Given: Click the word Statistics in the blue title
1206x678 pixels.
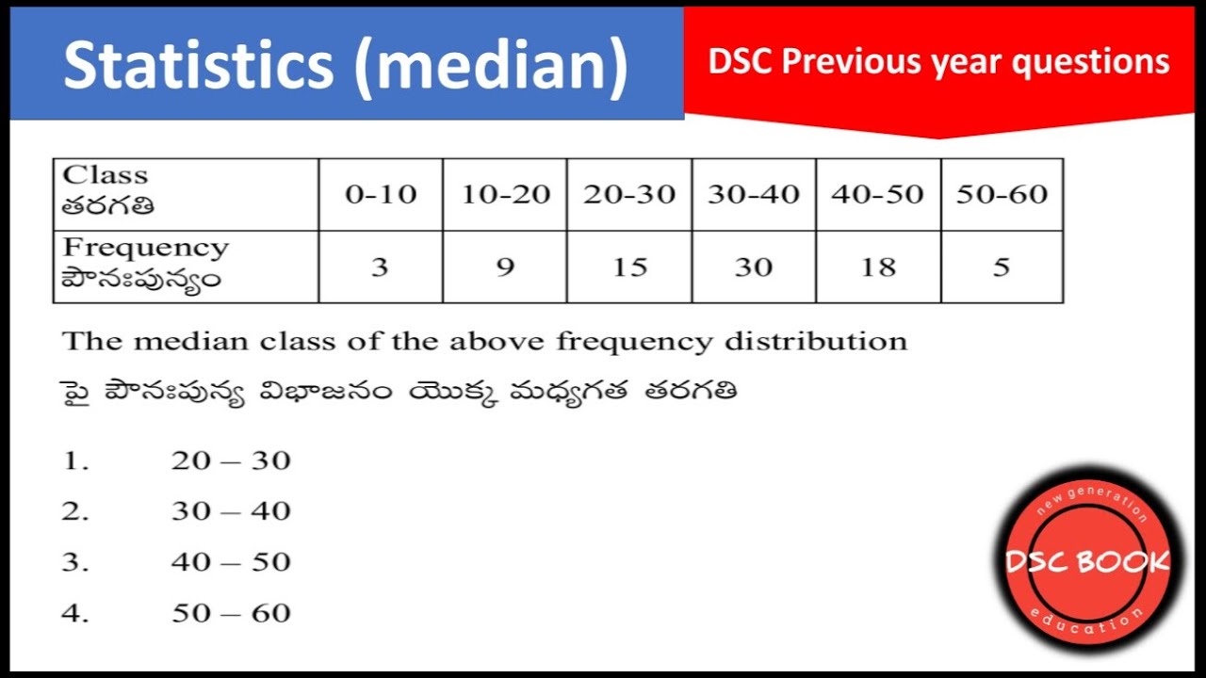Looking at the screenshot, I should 198,66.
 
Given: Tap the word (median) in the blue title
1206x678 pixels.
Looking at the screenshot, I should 490,66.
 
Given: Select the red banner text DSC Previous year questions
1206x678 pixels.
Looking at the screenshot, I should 938,62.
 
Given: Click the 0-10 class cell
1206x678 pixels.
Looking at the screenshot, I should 380,195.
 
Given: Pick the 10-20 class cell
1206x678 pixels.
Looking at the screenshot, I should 505,195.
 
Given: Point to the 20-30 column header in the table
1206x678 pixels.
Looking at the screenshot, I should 629,195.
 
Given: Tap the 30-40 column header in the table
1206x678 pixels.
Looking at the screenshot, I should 754,195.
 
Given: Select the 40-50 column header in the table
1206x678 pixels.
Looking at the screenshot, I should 878,195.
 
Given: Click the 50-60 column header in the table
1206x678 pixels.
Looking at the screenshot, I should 1002,195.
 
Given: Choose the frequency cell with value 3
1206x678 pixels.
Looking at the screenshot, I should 380,267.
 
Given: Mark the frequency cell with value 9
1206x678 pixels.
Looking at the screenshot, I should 505,267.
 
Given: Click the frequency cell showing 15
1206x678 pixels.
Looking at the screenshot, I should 629,267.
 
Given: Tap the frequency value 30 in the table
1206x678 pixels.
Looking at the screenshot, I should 754,267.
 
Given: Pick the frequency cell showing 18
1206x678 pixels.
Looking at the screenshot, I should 878,267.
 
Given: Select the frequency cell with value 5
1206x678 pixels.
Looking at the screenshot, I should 1002,267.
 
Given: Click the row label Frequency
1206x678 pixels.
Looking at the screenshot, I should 145,249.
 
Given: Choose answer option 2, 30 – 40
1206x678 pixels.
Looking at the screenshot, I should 231,511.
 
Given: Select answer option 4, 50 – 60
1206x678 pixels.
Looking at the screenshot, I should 231,613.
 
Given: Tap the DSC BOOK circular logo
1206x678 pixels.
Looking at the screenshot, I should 1087,562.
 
